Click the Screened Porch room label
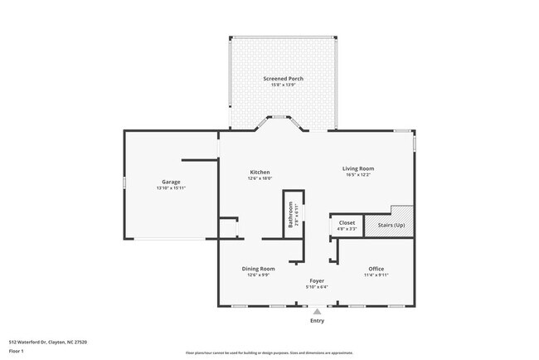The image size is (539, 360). click(284, 79)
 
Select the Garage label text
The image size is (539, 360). click(171, 182)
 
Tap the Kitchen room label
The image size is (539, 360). click(259, 173)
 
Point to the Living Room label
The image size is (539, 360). click(358, 168)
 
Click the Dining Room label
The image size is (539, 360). click(258, 268)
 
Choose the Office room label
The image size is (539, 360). click(375, 268)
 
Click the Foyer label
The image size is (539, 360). click(317, 281)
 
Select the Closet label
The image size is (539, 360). click(347, 222)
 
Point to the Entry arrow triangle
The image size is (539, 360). click(317, 311)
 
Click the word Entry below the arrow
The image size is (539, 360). click(317, 320)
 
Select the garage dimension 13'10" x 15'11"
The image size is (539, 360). click(171, 188)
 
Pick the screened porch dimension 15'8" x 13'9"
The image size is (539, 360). click(284, 85)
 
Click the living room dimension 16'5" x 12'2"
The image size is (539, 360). click(358, 175)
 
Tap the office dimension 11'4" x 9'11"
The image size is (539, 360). click(375, 275)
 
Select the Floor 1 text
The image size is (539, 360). click(17, 351)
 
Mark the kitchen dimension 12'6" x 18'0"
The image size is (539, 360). click(259, 178)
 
